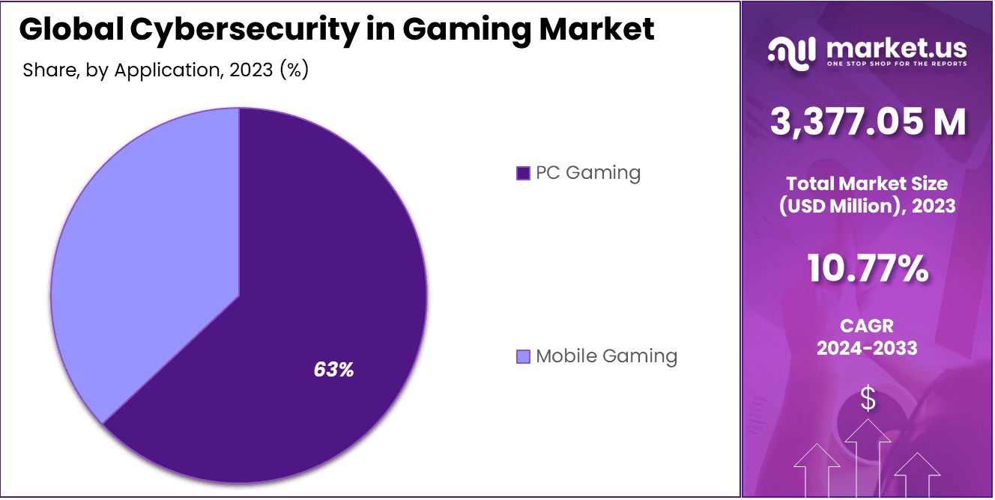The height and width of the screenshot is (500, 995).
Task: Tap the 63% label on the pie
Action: [x=333, y=369]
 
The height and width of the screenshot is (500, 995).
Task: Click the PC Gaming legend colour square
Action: [x=523, y=174]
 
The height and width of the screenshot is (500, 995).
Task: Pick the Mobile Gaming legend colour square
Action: [x=523, y=356]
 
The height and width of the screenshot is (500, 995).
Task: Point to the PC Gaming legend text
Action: [x=588, y=173]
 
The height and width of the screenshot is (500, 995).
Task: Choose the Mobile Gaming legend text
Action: [x=606, y=356]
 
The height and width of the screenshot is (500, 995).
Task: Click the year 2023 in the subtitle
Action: [x=252, y=70]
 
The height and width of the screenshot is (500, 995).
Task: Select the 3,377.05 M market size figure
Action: [x=868, y=123]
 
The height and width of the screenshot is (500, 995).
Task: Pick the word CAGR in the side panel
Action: [x=867, y=326]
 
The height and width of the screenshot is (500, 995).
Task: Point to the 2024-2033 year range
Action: [x=867, y=348]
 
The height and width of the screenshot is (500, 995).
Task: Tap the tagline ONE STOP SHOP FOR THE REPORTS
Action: [x=896, y=64]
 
